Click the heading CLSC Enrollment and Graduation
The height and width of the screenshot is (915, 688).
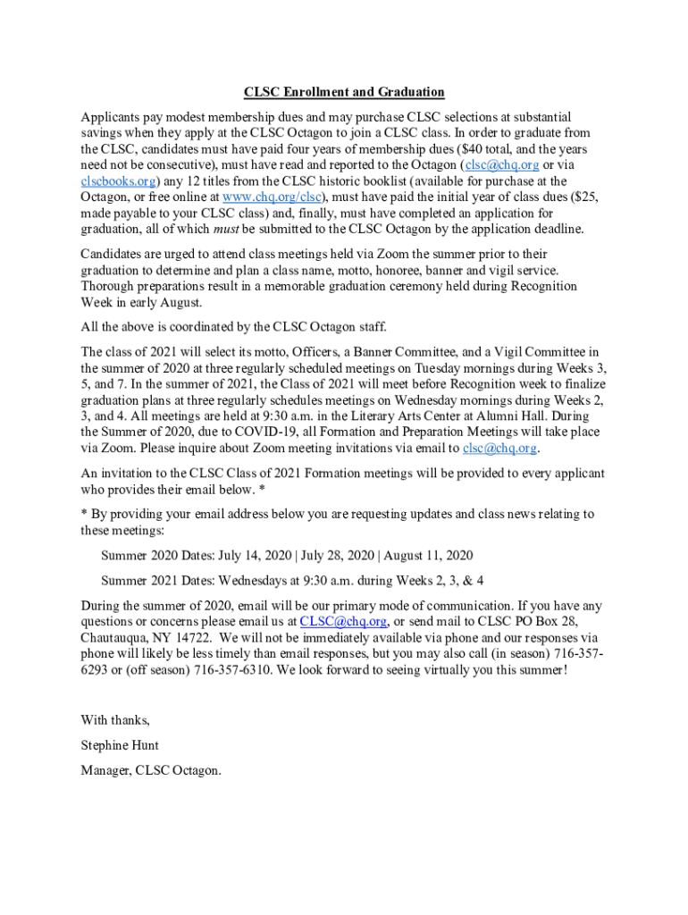pos(344,92)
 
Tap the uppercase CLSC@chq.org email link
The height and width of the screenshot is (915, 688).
pos(343,622)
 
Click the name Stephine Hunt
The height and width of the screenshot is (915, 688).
pos(120,745)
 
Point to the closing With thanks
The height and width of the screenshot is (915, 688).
pos(115,720)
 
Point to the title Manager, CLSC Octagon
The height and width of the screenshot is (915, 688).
pos(150,770)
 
